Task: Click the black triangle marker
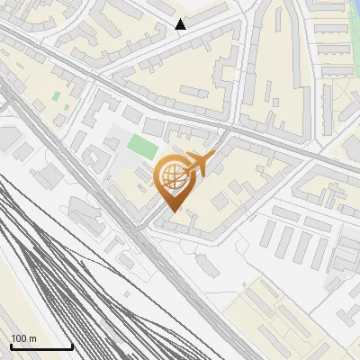click(181, 24)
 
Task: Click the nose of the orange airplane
click(213, 156)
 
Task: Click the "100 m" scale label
click(23, 338)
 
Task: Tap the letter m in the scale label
click(32, 338)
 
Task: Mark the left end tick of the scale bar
click(10, 346)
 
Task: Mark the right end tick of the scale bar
click(72, 346)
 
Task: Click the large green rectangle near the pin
click(141, 145)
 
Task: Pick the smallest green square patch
click(56, 94)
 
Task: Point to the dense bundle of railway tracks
click(54, 270)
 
